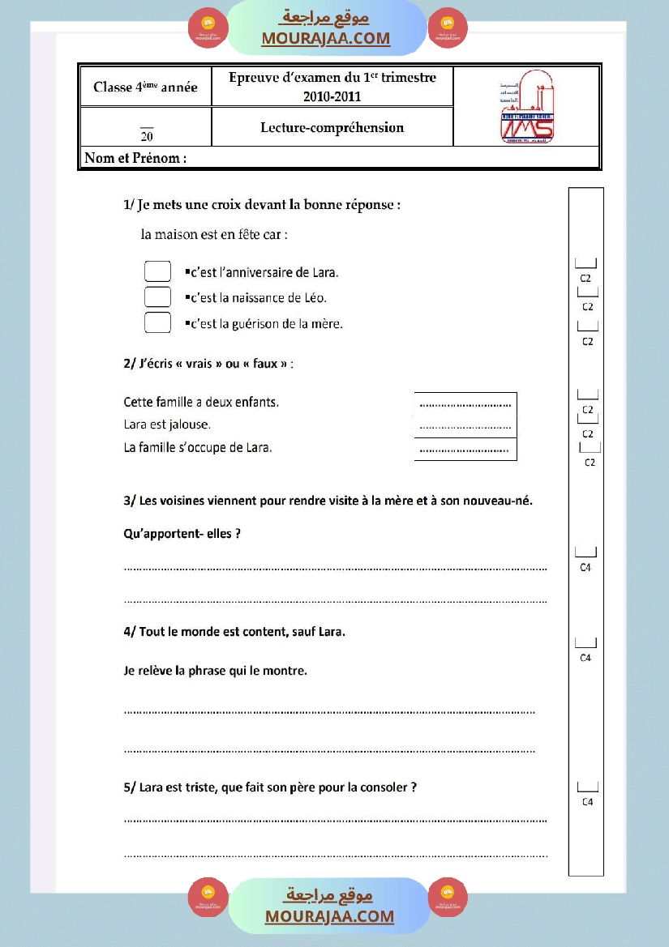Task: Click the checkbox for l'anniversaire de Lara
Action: click(x=157, y=271)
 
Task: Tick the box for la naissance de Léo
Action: click(x=157, y=297)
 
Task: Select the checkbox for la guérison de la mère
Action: click(x=157, y=322)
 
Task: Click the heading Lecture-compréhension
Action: click(x=332, y=127)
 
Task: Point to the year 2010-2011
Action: click(x=332, y=96)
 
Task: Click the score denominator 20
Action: click(x=146, y=135)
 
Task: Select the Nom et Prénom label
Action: click(x=135, y=158)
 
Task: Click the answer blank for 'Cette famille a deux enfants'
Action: click(x=465, y=403)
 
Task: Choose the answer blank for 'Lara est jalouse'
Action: click(x=465, y=426)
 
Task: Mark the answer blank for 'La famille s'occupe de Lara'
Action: click(x=465, y=450)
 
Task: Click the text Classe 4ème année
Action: click(x=145, y=87)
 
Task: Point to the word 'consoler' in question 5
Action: click(x=384, y=787)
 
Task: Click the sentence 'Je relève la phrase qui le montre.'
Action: click(x=215, y=670)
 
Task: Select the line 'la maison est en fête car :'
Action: click(x=214, y=235)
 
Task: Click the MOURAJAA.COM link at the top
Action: click(x=325, y=38)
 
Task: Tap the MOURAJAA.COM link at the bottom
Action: click(x=329, y=916)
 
